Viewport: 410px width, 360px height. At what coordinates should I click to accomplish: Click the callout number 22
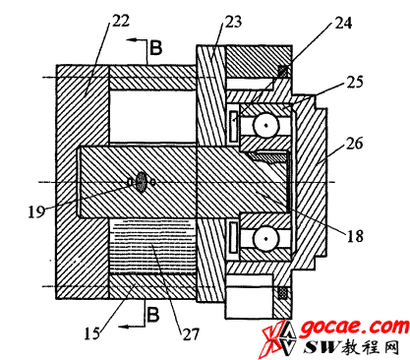pyautogui.click(x=121, y=22)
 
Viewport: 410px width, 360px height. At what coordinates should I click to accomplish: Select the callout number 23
pyautogui.click(x=233, y=22)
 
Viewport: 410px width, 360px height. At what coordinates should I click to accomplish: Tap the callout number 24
pyautogui.click(x=343, y=23)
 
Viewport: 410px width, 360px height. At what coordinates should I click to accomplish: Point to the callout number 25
pyautogui.click(x=354, y=82)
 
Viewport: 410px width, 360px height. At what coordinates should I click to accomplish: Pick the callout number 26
pyautogui.click(x=354, y=144)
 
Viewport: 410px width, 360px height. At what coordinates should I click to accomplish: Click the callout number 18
pyautogui.click(x=355, y=236)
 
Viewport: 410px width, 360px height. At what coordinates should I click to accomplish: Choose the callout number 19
pyautogui.click(x=36, y=211)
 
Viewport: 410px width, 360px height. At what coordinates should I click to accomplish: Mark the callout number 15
pyautogui.click(x=92, y=333)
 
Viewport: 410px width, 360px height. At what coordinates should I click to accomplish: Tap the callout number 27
pyautogui.click(x=191, y=334)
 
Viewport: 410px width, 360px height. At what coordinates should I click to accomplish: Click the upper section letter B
pyautogui.click(x=155, y=47)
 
